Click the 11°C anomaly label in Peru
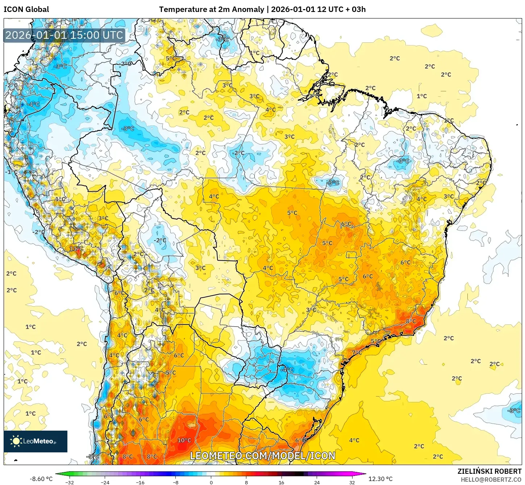(76, 248)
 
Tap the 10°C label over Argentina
(184, 440)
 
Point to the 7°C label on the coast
(357, 352)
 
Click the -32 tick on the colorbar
(70, 482)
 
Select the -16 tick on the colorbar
(140, 482)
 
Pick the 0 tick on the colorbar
(211, 482)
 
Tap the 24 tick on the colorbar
(317, 482)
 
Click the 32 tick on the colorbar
(352, 482)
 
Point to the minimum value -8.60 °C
(41, 479)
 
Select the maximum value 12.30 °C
(380, 479)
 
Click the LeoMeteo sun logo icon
(16, 441)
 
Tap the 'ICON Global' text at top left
(26, 9)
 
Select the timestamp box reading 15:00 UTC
(64, 35)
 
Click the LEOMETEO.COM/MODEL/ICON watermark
(263, 456)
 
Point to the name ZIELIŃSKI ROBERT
(489, 471)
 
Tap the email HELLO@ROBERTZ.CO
(491, 480)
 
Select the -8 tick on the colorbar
(176, 482)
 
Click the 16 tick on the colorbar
(281, 482)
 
